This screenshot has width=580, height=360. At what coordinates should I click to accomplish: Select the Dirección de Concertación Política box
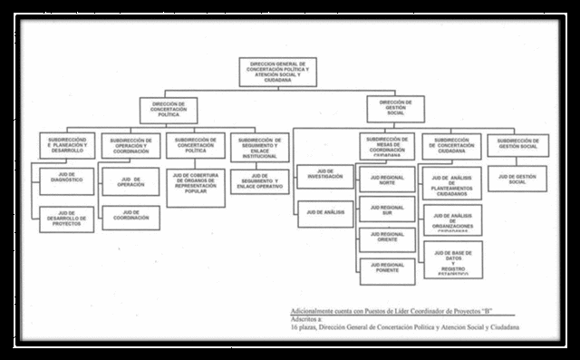coord(169,110)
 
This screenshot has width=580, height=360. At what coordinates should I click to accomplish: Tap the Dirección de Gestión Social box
coord(395,109)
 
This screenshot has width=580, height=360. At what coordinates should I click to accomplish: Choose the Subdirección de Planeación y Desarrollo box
coord(66,145)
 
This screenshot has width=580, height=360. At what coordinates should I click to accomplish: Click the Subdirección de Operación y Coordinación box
coord(130,146)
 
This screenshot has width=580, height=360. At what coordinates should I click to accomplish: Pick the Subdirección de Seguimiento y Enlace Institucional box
coord(259,146)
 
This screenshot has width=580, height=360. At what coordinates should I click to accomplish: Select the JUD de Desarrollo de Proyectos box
coord(66,219)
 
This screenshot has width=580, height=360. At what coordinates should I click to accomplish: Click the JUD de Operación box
coord(130,181)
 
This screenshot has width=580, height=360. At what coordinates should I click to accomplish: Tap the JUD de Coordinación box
coord(130,218)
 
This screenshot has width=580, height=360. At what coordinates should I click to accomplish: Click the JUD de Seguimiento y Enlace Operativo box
coord(259,181)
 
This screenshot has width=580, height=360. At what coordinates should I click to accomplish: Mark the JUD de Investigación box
coord(324,176)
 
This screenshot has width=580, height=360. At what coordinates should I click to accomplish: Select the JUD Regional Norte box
coord(387,179)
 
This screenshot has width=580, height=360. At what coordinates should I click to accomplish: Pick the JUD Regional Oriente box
coord(387,239)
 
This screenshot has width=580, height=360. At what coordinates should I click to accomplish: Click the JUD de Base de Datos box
coord(452,259)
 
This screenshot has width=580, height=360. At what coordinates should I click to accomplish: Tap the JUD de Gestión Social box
coord(517,178)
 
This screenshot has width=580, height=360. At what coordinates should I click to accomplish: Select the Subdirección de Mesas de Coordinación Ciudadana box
coord(387,146)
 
